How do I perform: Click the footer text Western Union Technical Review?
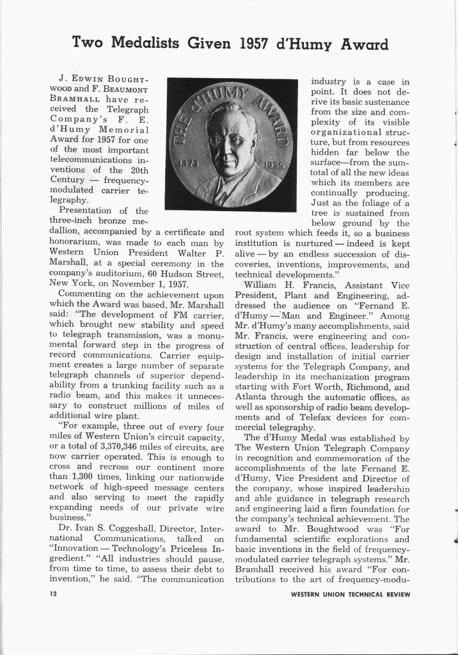tap(350, 594)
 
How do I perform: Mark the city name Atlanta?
tap(251, 397)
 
